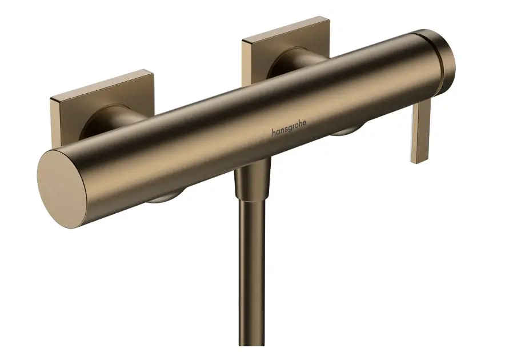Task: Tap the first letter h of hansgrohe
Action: click(x=273, y=134)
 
